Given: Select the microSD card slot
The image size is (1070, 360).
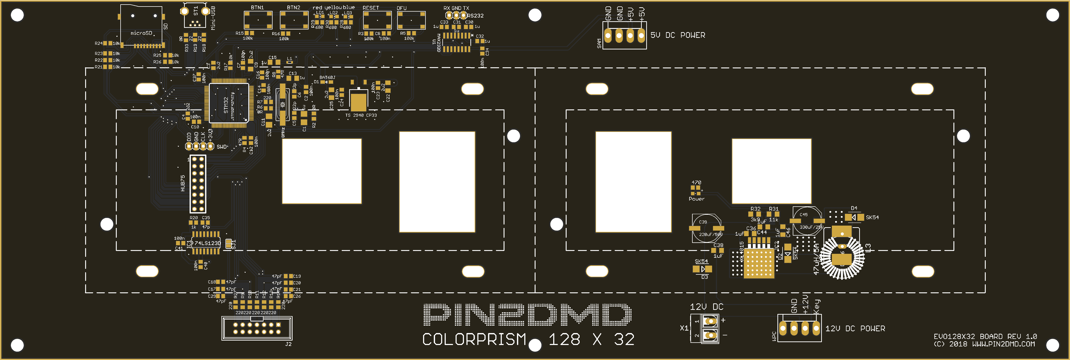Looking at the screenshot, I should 141,25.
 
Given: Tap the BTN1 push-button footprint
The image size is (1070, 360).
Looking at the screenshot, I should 258,20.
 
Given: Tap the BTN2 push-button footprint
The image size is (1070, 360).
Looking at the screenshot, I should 294,20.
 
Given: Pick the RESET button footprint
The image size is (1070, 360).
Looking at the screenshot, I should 377,20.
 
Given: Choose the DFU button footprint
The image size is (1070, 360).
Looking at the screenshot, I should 411,20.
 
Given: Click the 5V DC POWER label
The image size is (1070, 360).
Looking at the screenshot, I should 677,35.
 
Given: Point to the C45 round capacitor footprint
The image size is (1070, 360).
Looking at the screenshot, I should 807,220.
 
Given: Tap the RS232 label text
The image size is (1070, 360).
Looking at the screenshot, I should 476,16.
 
